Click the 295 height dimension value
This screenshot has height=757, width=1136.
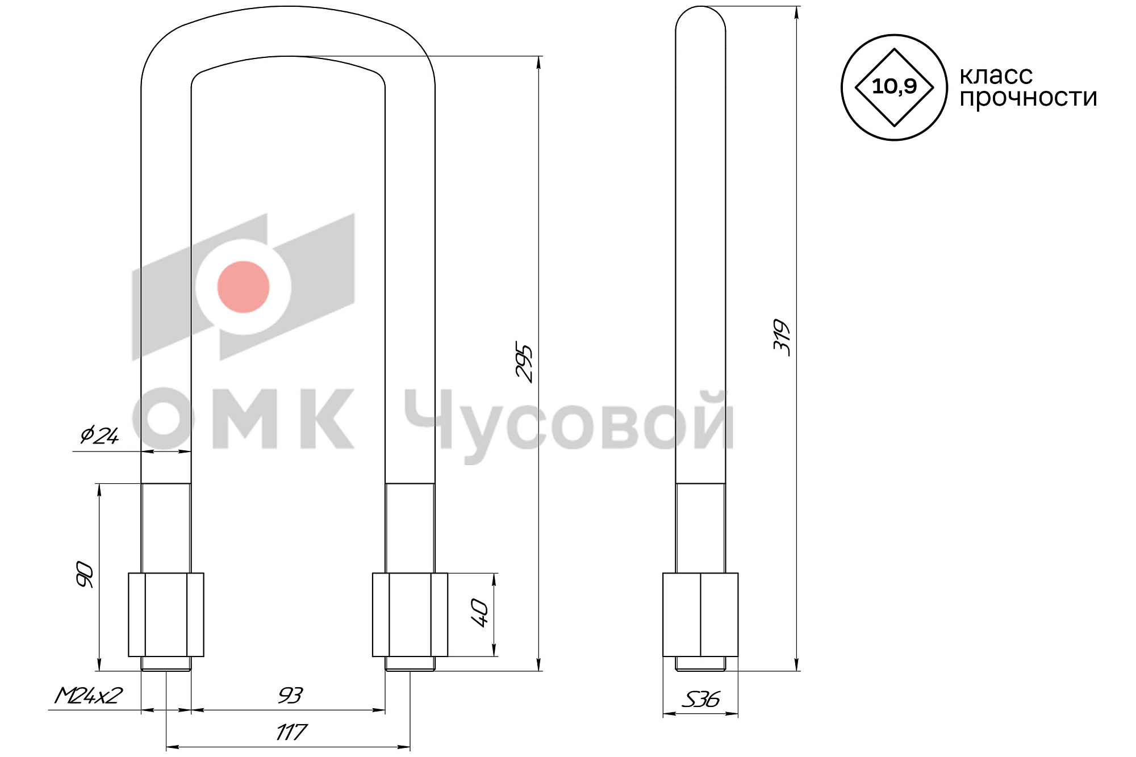[x=524, y=362]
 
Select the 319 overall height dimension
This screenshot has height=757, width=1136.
[x=782, y=338]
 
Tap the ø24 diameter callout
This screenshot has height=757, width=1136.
[x=99, y=436]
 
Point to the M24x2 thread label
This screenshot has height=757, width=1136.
[x=89, y=696]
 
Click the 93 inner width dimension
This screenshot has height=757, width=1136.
[x=290, y=696]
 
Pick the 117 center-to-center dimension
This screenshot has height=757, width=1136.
[x=291, y=733]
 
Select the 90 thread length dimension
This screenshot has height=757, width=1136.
[x=85, y=574]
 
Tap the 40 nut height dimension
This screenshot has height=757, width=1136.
[x=480, y=612]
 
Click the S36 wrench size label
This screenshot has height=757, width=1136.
[x=700, y=699]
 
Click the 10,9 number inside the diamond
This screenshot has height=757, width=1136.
[x=894, y=86]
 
